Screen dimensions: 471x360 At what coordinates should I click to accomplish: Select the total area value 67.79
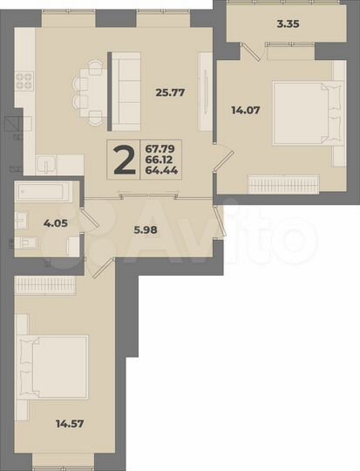(x=160, y=149)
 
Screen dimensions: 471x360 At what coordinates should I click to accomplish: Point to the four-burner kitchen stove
(x=24, y=84)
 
